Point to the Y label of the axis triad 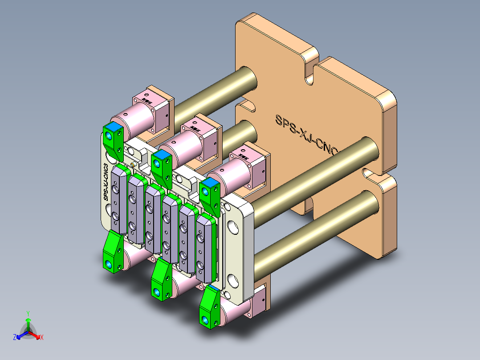28,313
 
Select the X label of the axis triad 41,338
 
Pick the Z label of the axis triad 14,338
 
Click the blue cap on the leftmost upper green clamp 113,127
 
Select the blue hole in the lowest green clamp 204,320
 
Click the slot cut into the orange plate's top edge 309,71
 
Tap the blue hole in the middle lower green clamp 157,292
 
